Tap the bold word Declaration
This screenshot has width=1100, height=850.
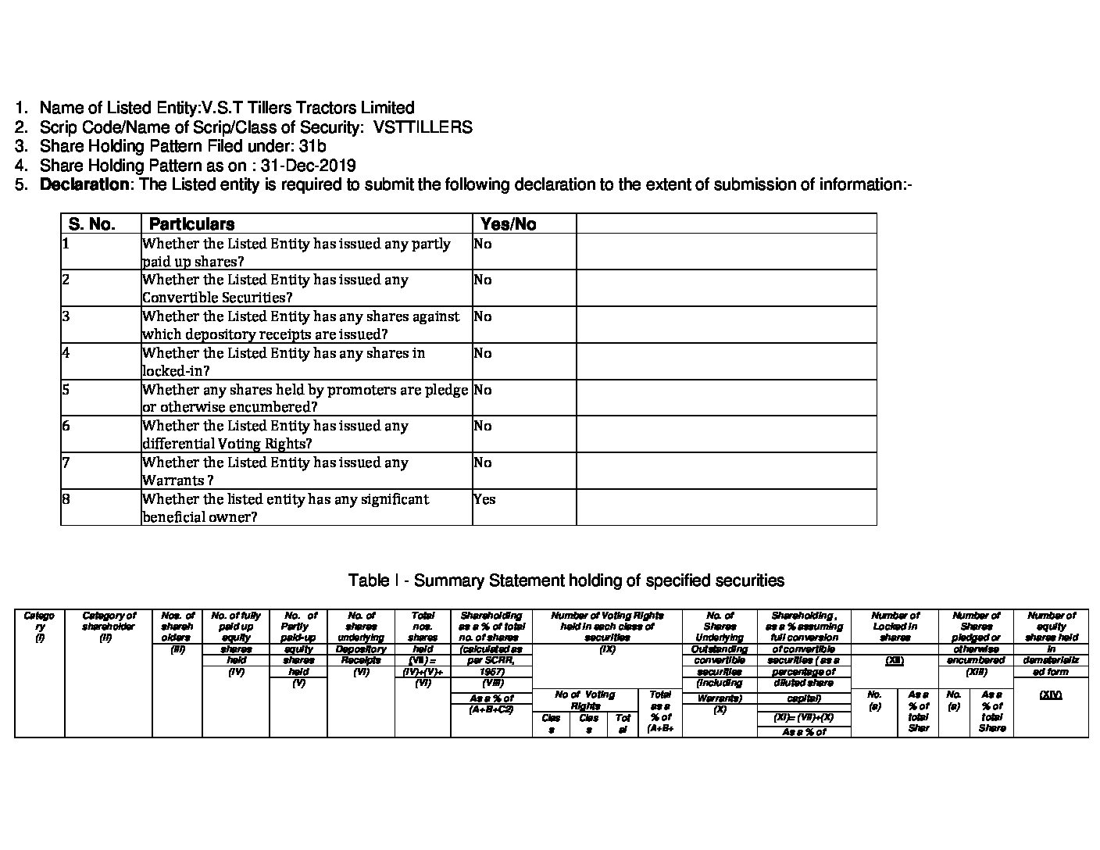point(84,185)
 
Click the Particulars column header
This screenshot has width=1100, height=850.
point(191,224)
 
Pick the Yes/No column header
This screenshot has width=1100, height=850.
point(509,224)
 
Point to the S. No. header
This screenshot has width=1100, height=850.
point(92,224)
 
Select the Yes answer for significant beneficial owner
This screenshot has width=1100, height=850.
point(484,499)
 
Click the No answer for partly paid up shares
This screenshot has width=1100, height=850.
point(483,244)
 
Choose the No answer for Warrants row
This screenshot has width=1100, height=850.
point(483,462)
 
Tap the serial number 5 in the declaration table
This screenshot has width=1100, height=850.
point(66,389)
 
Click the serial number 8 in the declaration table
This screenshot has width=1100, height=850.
point(66,498)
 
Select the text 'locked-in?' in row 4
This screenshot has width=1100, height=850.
point(177,371)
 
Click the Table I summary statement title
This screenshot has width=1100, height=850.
point(566,580)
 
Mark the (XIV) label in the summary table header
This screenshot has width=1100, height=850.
point(1051,695)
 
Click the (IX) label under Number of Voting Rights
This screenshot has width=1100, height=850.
point(607,649)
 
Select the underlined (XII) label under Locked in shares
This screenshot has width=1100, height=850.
point(895,661)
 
